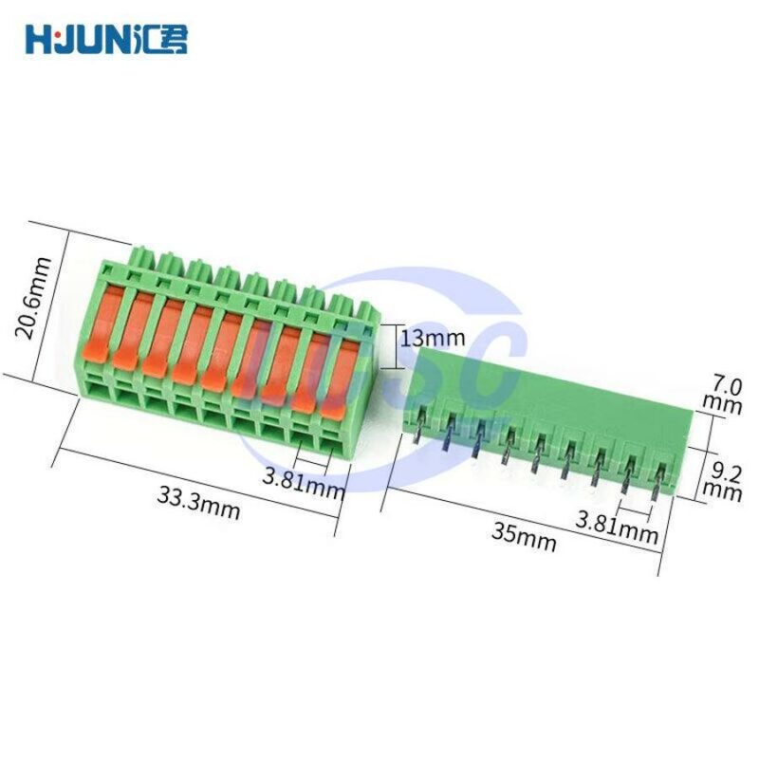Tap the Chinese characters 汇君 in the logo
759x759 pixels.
coord(164,39)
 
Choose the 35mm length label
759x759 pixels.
coord(524,536)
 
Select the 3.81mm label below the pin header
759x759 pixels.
coord(617,525)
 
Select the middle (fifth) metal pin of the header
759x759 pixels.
coord(537,456)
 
